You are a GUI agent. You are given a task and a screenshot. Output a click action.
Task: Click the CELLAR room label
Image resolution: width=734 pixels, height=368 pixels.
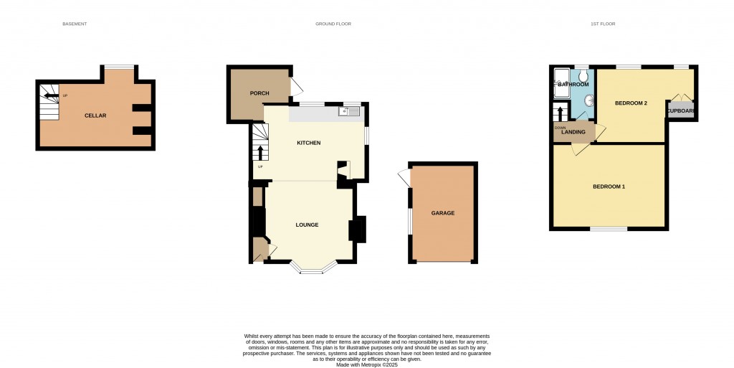(x=95, y=115)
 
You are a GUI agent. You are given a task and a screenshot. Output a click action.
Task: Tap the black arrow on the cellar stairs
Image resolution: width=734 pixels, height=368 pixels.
(x=49, y=95)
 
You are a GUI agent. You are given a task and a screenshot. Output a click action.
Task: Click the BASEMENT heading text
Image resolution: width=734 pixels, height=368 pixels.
(x=75, y=24)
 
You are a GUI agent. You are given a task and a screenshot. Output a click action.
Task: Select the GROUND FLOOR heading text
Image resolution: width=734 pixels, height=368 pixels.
(x=333, y=24)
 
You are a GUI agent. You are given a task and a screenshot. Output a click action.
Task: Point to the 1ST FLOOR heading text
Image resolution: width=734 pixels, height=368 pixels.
(x=603, y=24)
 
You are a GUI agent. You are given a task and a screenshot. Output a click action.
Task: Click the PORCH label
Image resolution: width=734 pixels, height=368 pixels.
(x=259, y=94)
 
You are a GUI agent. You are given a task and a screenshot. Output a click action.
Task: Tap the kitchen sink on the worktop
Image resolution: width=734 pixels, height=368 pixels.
(x=351, y=111)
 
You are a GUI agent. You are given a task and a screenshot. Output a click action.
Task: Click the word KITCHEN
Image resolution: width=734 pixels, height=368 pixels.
(x=308, y=143)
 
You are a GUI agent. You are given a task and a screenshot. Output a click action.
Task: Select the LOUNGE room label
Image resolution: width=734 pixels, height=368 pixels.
(x=307, y=225)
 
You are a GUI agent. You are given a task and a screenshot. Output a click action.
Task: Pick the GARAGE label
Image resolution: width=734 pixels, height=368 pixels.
(x=442, y=213)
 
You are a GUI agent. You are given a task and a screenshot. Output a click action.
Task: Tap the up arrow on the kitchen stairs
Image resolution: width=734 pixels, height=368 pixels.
(x=259, y=152)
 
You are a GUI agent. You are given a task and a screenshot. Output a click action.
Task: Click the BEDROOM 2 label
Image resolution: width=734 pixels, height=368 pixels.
(x=631, y=103)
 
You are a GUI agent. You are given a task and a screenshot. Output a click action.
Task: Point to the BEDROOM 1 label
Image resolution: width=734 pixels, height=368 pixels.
(x=609, y=187)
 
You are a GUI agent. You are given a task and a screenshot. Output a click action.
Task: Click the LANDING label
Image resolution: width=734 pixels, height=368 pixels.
(x=573, y=132)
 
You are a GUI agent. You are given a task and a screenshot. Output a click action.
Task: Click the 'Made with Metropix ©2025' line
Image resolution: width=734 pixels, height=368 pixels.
(x=367, y=364)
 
